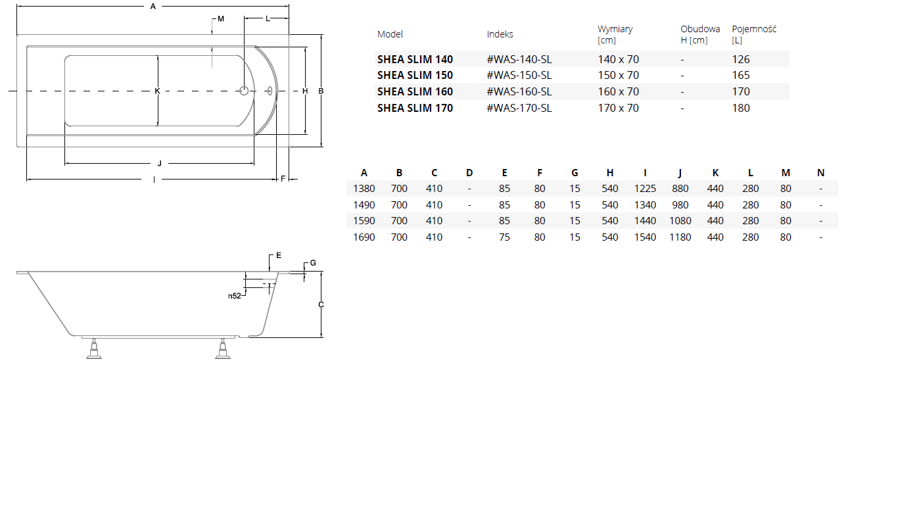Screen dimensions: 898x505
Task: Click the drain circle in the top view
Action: coord(244,91)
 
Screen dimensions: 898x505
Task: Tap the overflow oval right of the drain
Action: coord(270,91)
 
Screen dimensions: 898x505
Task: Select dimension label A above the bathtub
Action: coord(153,7)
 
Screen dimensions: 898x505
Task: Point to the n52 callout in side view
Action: coord(235,296)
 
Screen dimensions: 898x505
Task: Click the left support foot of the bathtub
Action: coord(94,349)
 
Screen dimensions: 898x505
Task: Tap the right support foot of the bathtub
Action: coord(223,349)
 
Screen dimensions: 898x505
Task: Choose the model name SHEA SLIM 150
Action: coord(415,76)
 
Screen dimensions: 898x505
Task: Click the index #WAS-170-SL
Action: coord(519,108)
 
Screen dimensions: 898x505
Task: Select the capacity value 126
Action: coord(740,59)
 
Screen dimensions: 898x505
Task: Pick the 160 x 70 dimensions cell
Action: coord(618,92)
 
